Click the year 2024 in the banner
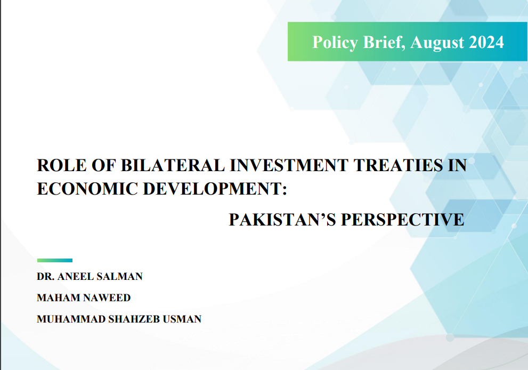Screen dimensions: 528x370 click(x=486, y=42)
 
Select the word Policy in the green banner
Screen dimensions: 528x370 click(x=335, y=43)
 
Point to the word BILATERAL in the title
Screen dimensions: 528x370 click(x=173, y=165)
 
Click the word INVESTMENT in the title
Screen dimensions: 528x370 click(x=289, y=165)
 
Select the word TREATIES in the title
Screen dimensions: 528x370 click(x=398, y=165)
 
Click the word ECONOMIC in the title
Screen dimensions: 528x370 click(x=87, y=188)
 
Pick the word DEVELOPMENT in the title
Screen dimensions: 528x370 click(x=215, y=188)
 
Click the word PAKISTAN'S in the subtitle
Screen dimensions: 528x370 click(x=282, y=219)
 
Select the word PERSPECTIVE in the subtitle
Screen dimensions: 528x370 click(x=403, y=219)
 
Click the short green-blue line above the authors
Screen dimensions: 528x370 click(x=55, y=260)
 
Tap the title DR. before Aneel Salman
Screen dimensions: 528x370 click(x=46, y=276)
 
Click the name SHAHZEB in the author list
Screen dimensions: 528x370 click(x=134, y=319)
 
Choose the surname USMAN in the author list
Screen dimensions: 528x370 click(x=182, y=319)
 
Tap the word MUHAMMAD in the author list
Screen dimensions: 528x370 click(x=71, y=319)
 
